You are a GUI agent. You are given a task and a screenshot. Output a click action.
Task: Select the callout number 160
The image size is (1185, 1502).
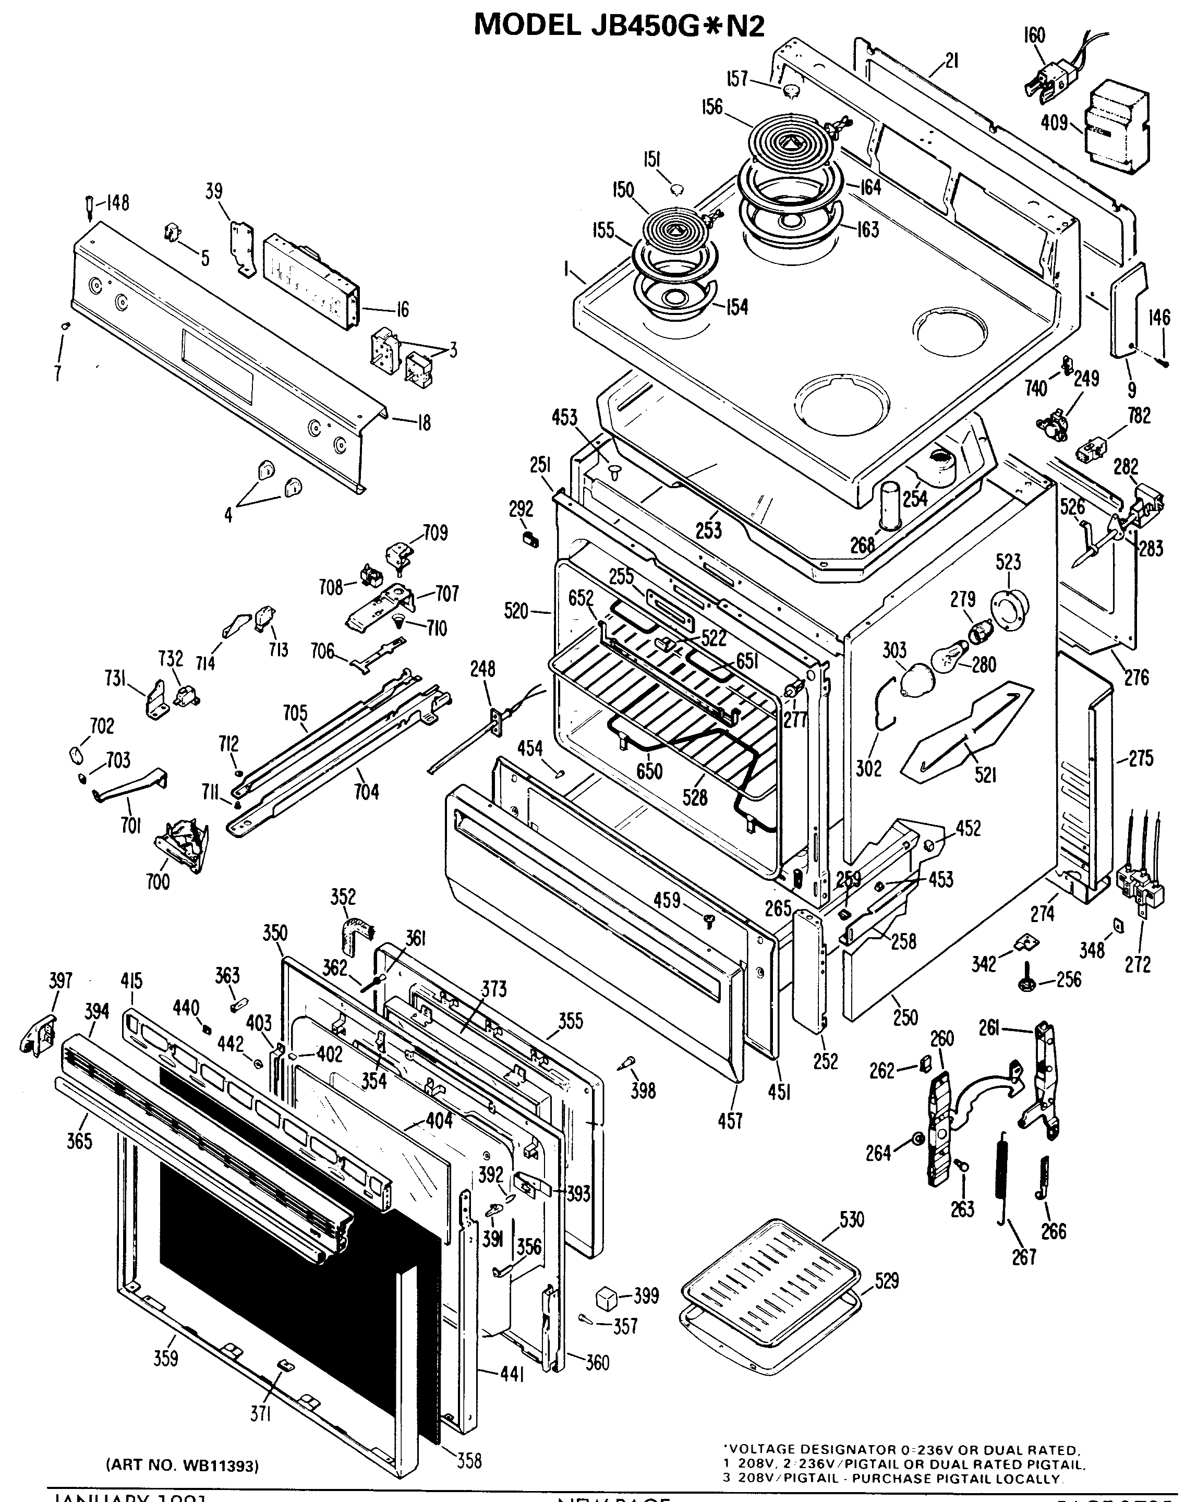[x=1034, y=35]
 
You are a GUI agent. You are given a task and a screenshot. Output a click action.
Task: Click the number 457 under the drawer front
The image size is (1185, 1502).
[x=730, y=1120]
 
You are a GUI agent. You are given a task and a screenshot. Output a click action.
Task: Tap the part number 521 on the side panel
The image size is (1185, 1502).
[x=986, y=773]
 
